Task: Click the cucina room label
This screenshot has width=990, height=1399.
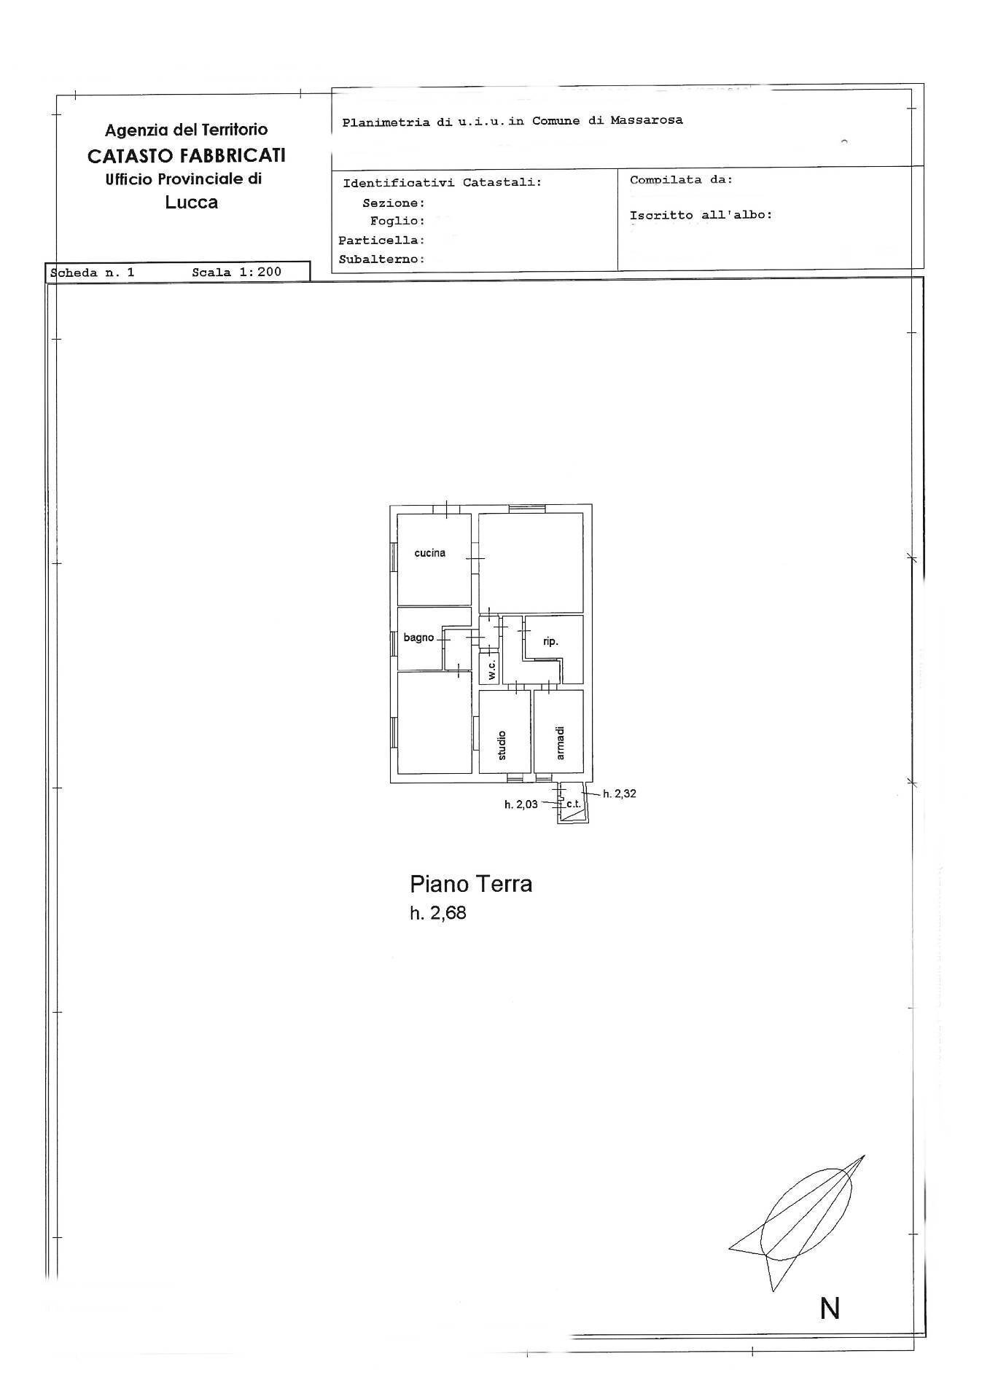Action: point(429,553)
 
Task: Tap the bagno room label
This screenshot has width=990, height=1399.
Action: point(418,638)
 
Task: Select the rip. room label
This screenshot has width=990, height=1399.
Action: point(550,642)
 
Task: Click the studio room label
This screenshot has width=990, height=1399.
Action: point(502,745)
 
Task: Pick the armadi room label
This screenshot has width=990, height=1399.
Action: point(560,742)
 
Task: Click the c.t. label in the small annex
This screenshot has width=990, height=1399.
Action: point(573,804)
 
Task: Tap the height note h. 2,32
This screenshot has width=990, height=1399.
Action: point(619,793)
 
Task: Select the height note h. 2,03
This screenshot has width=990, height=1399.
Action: point(521,804)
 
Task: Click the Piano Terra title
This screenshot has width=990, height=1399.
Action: point(471,884)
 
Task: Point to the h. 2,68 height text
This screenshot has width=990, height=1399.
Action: point(437,913)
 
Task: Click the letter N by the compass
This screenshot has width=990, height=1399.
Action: point(830,1309)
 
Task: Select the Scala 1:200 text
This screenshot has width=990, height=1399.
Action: point(236,272)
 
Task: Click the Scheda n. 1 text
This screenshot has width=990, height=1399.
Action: point(93,273)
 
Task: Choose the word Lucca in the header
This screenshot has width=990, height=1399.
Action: point(191,202)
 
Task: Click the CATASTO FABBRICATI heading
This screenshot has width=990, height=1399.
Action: point(186,155)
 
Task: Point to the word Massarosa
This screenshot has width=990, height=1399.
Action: point(647,120)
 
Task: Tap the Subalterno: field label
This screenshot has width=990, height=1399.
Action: point(381,259)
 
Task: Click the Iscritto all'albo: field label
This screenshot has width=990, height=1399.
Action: point(701,215)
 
